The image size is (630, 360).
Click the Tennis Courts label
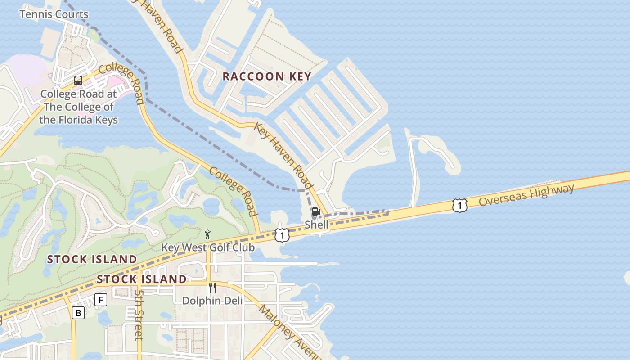coord(54,14)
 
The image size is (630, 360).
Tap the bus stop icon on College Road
coord(78,81)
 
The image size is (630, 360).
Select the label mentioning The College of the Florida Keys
coord(79,107)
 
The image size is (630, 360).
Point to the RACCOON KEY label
coord(267,76)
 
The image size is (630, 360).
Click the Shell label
coord(316,224)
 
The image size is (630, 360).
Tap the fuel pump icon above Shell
coord(316,211)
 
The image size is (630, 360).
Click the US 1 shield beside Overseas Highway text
coord(459,206)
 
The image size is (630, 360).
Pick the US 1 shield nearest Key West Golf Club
coord(282,235)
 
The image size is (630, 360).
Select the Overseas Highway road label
coord(526,195)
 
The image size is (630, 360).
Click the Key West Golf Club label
coord(208,247)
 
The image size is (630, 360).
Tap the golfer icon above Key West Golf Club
coord(207,234)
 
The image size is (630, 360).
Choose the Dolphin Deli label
coord(212,300)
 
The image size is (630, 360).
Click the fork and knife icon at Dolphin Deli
coord(212,288)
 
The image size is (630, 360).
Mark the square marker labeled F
coord(101,300)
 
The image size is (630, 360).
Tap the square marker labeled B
coord(78,313)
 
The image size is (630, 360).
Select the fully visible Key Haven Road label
coord(283,155)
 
